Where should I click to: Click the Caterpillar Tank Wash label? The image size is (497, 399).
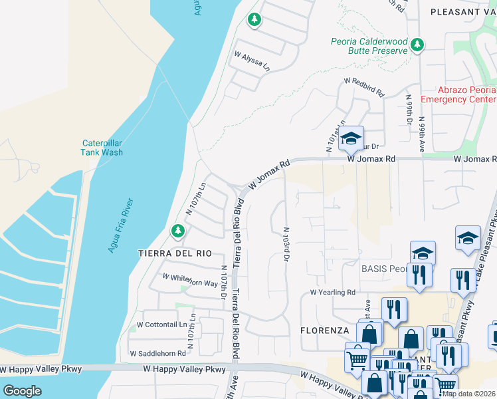click(102, 147)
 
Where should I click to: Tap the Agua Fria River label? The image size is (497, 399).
click(121, 225)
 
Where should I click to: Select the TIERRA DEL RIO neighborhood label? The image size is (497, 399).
click(174, 253)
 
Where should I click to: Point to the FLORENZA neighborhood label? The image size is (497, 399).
click(324, 330)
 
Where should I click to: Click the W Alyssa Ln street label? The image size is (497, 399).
click(250, 63)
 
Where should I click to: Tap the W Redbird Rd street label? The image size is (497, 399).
click(364, 86)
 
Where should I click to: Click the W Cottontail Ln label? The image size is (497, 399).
click(161, 325)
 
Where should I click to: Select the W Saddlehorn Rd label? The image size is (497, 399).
click(157, 353)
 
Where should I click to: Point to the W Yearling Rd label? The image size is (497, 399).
click(333, 292)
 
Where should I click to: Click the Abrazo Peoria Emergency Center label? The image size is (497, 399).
click(458, 94)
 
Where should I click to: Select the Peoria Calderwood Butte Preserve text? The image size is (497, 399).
click(369, 46)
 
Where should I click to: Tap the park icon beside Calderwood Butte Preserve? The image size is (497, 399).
click(417, 45)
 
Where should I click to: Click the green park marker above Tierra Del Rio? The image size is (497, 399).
click(177, 231)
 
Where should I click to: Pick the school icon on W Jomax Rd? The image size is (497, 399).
click(351, 138)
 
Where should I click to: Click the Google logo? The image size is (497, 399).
click(21, 391)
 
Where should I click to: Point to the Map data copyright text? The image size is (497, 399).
click(469, 394)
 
